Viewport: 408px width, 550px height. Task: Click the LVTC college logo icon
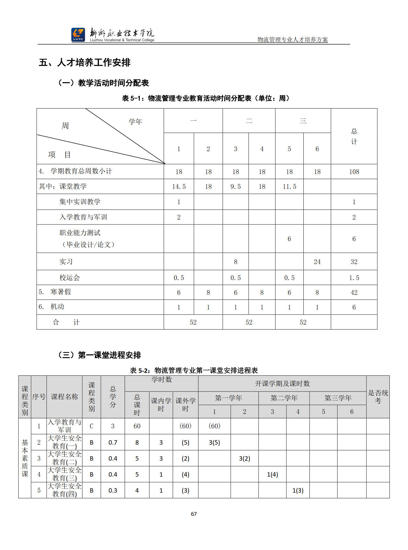(78, 34)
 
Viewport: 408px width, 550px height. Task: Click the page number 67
(194, 514)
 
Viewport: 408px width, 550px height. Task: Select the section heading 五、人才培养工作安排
(84, 62)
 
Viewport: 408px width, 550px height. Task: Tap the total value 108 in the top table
(354, 172)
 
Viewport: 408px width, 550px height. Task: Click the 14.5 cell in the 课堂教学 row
(179, 187)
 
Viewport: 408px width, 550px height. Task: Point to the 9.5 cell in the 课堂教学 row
(236, 187)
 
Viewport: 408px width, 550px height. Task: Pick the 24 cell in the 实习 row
(317, 262)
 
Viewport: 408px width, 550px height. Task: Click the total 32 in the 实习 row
(354, 262)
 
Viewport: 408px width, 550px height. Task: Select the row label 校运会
(70, 278)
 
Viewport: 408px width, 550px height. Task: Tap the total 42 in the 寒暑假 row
(354, 293)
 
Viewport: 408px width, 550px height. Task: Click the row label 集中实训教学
(80, 202)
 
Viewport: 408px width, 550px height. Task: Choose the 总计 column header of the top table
(354, 136)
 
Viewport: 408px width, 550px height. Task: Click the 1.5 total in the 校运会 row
(354, 278)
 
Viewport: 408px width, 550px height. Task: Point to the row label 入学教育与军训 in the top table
(83, 217)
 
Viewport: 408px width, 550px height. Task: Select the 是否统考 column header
(378, 397)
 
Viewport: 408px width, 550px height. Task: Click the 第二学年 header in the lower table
(284, 398)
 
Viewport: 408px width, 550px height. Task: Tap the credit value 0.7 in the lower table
(113, 442)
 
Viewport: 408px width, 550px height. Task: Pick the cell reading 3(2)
(244, 458)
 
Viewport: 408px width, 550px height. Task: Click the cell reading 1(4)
(272, 474)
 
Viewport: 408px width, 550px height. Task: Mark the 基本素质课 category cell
(25, 458)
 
